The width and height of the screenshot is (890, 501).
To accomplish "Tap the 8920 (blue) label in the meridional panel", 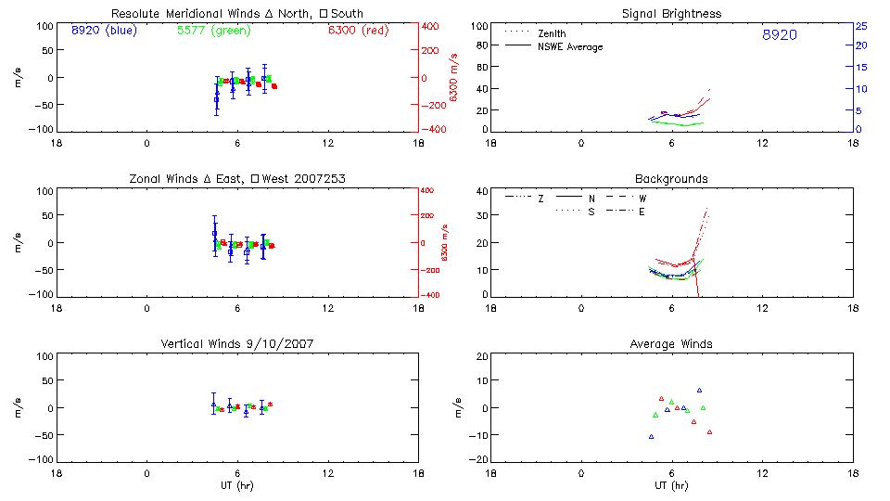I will [103, 31].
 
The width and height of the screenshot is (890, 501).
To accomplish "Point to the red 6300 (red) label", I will [358, 31].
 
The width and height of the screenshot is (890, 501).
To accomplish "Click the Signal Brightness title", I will [672, 14].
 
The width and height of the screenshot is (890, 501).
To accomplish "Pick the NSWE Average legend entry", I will [569, 47].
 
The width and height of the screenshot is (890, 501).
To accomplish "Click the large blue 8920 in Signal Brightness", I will [779, 35].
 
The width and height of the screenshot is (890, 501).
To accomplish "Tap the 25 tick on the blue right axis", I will [860, 26].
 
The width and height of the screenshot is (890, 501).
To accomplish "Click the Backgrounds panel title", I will [671, 179].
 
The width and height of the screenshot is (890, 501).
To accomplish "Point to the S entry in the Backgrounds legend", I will [591, 212].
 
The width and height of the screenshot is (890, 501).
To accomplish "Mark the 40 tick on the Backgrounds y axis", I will [481, 192].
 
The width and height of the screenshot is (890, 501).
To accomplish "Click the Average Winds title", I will [671, 344].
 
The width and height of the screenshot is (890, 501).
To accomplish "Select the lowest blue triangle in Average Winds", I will [651, 436].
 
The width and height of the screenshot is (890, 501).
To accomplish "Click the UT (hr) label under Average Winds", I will [671, 485].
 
